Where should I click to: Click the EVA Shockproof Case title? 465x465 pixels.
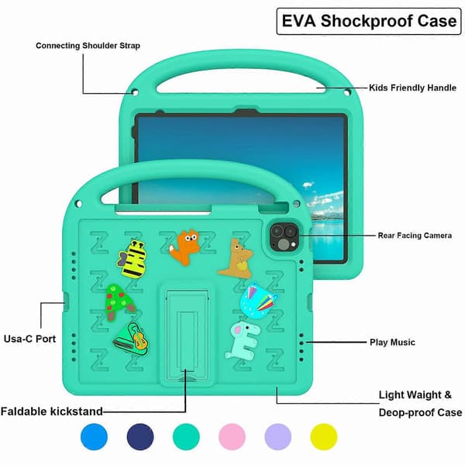coord(369,21)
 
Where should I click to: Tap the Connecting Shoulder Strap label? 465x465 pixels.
coord(88,46)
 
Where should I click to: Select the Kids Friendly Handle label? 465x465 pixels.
coord(412,88)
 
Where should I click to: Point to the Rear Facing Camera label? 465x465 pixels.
coord(415,236)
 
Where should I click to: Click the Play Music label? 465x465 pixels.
coord(392,343)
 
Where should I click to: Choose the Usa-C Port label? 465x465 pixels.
coord(29,339)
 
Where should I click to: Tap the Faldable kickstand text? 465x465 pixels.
coord(52,412)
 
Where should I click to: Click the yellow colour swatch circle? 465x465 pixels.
coord(323,437)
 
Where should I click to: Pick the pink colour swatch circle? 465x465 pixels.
coord(232,437)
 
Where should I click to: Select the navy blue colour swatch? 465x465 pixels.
coord(140,437)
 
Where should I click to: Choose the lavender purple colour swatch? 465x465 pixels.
coord(278,437)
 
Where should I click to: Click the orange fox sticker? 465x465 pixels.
coord(185,246)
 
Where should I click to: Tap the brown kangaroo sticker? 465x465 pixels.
coord(237,259)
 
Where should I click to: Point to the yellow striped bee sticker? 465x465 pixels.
coord(133,260)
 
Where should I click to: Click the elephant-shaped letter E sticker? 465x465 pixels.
coord(243,341)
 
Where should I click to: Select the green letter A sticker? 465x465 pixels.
coord(119,302)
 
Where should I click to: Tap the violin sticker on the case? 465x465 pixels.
coord(131,339)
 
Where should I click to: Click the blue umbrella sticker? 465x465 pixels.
coord(258,300)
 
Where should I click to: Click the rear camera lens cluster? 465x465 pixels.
coord(284,238)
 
